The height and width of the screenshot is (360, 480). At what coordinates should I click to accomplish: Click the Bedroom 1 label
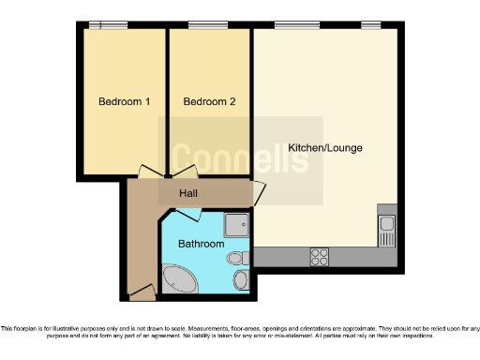click(x=118, y=101)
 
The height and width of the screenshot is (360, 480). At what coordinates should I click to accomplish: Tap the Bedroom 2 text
click(x=209, y=101)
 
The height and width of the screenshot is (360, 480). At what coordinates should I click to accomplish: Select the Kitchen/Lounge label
click(x=324, y=148)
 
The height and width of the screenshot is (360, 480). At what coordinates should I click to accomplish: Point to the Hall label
click(x=187, y=194)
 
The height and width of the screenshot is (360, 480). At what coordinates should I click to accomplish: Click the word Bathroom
click(x=201, y=244)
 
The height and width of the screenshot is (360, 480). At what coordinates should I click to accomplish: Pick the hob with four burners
click(x=320, y=255)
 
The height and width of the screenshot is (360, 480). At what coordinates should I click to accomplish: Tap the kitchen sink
click(x=386, y=225)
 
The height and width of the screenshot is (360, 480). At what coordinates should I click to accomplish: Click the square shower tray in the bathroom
click(x=238, y=223)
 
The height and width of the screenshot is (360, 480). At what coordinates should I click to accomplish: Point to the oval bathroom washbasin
click(x=241, y=279)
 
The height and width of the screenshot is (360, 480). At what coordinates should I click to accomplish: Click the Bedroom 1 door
click(x=150, y=172)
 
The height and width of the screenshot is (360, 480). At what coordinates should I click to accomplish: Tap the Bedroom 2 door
click(x=183, y=172)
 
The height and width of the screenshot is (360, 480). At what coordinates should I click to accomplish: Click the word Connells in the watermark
click(x=240, y=158)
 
